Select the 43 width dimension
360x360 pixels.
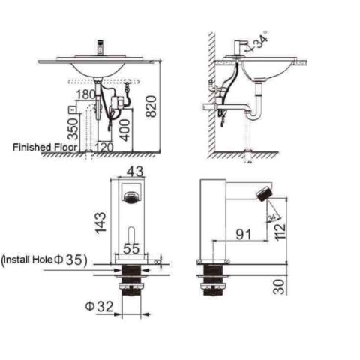click(x=136, y=171)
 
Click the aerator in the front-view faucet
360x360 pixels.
click(x=130, y=198)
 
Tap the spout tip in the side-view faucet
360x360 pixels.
click(x=264, y=195)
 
